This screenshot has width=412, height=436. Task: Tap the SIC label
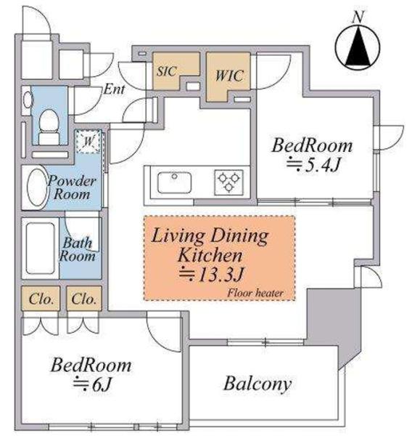167,71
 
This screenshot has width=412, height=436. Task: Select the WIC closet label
230,76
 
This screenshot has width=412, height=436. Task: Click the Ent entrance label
114,89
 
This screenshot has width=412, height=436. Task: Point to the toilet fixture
49,127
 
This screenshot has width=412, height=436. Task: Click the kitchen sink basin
174,182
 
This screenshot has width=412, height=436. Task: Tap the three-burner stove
228,182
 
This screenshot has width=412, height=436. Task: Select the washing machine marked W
88,142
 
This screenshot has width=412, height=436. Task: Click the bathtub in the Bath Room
41,249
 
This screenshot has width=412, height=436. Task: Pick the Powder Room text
72,187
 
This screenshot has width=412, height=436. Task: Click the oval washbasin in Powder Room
37,187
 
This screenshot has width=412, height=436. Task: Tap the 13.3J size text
212,275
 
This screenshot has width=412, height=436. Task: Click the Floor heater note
255,293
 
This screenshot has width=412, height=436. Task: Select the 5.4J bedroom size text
313,165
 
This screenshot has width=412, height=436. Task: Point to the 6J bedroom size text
92,384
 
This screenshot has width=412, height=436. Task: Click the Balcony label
257,384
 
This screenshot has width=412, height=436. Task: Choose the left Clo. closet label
41,299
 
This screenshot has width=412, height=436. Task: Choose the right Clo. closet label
84,299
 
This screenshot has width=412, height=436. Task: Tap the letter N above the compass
358,17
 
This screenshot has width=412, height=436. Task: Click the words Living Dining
210,235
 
